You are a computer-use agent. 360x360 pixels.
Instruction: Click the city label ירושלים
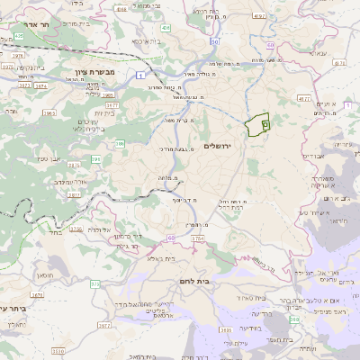coord(218,146)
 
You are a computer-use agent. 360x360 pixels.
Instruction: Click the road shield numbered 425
coord(19,36)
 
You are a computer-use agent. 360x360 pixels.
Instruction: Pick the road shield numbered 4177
coord(302,86)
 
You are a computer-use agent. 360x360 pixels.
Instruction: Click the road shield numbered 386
coord(119,143)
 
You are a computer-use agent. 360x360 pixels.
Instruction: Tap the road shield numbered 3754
coord(198,238)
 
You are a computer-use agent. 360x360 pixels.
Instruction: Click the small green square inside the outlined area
coord(265,124)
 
